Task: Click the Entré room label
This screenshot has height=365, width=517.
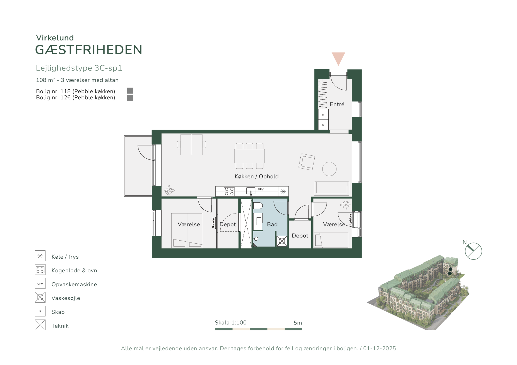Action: pos(337,104)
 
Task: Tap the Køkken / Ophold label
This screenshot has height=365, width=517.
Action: pos(256,176)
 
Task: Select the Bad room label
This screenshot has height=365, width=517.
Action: pos(272,224)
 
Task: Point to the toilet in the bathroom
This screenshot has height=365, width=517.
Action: pos(258,206)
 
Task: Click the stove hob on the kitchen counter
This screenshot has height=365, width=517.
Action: pos(229,191)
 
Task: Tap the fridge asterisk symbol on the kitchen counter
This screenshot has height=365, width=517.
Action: pos(283,191)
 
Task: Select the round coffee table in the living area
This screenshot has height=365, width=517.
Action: pos(329,169)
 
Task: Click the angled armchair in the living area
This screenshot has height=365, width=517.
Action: pos(307,162)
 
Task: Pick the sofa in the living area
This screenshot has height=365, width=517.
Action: pos(332,188)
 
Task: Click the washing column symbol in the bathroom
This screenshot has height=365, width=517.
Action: pos(282,241)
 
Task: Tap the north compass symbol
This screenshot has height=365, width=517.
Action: pos(473,251)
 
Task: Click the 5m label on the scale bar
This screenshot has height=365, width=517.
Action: pos(298,323)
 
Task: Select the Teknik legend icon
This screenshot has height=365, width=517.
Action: pos(40,325)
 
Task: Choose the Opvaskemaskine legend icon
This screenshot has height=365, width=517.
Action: pos(40,283)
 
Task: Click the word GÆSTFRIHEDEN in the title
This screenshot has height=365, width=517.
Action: pos(89,50)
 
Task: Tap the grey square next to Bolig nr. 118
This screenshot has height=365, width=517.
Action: pos(130,91)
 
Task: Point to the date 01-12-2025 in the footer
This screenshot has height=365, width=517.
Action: pos(379,348)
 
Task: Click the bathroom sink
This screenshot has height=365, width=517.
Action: pos(258,221)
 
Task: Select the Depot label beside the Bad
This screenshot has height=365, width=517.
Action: pos(300,235)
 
